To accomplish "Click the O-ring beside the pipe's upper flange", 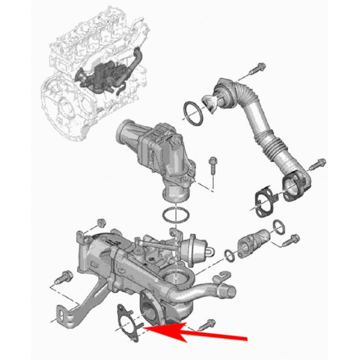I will [192, 112].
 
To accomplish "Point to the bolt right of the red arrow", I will [207, 324].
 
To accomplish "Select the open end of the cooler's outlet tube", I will [230, 288].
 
